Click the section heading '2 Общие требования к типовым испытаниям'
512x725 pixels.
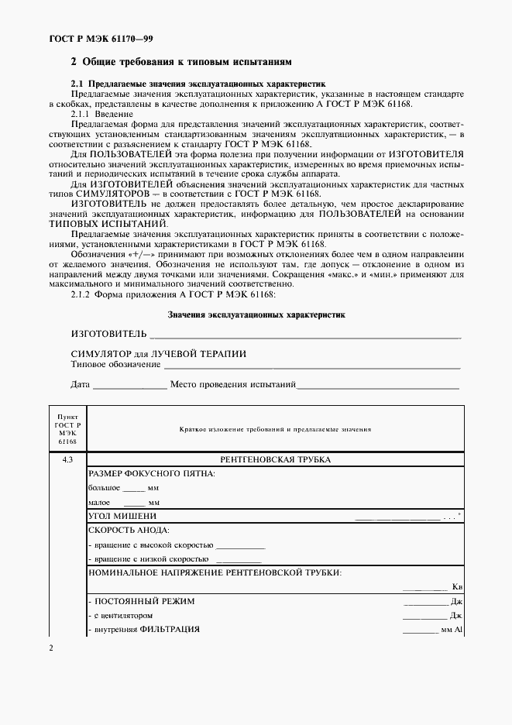(181, 61)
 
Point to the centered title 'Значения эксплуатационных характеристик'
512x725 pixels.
(256, 314)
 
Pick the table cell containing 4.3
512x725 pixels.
(67, 460)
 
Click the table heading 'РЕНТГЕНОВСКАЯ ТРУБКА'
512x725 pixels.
(276, 460)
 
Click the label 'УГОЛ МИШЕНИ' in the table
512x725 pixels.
(122, 516)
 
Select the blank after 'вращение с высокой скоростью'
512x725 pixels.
(241, 547)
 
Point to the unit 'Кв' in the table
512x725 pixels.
(457, 587)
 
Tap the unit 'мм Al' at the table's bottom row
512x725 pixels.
(452, 630)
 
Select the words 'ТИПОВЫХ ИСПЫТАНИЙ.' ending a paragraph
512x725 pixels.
(119, 223)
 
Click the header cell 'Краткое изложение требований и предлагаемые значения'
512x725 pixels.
(276, 428)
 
